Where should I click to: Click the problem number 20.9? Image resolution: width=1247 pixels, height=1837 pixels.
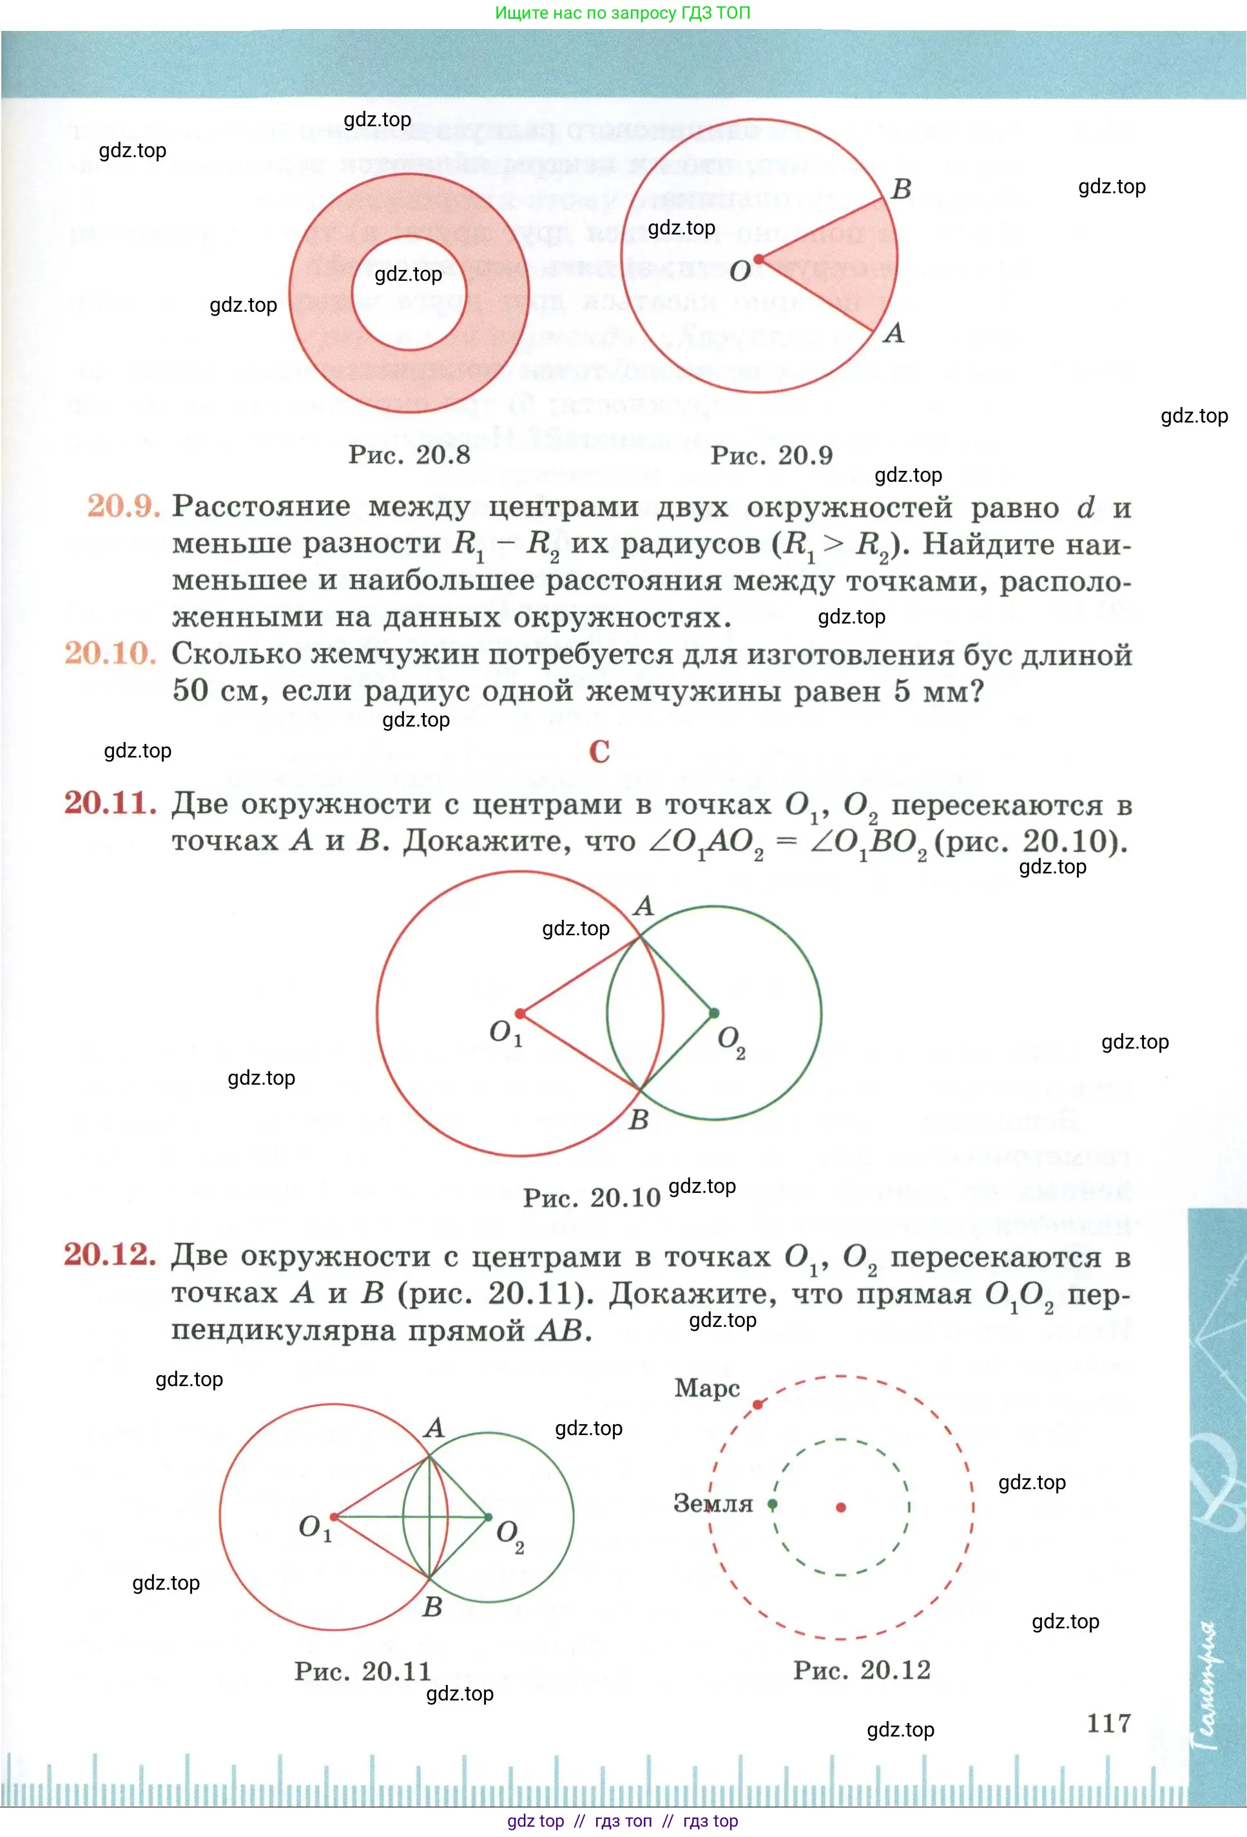point(123,506)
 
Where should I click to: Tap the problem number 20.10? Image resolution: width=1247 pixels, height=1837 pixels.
point(110,653)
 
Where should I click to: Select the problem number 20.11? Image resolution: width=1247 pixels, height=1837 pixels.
point(110,803)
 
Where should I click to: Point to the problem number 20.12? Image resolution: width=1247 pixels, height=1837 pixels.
point(110,1255)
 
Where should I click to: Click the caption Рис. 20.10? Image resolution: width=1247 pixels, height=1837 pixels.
point(591,1197)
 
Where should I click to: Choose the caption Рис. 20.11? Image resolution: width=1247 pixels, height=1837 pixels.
point(362,1671)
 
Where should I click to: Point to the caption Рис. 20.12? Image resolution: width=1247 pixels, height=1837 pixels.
point(862,1670)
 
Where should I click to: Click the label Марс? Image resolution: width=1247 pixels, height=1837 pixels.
point(707,1388)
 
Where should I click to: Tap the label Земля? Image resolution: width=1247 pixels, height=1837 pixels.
point(713,1503)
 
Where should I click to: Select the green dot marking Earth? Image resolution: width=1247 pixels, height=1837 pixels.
point(773,1503)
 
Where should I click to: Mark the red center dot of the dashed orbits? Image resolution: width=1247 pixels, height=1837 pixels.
point(840,1507)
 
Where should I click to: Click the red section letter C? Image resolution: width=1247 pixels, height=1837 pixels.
point(599,751)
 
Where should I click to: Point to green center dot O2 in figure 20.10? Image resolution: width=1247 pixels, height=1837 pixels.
point(714,1013)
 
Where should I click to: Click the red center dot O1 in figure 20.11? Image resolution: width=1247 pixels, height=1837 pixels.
point(334,1516)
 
